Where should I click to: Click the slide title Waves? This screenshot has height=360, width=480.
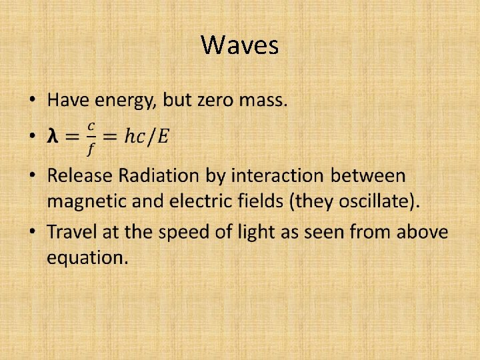coord(239,45)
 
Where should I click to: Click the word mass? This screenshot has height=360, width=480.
coord(264,101)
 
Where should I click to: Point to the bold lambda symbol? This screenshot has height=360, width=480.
coord(53,137)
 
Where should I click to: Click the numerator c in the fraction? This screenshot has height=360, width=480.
coord(91,126)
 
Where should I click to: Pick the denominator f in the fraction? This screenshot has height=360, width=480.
coord(91,147)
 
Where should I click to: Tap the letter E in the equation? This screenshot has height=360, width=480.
coord(163,137)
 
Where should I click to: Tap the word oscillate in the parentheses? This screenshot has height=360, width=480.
coord(375,201)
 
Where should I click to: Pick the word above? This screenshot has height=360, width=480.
coord(423,233)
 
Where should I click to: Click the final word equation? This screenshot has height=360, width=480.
coord(87,258)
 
